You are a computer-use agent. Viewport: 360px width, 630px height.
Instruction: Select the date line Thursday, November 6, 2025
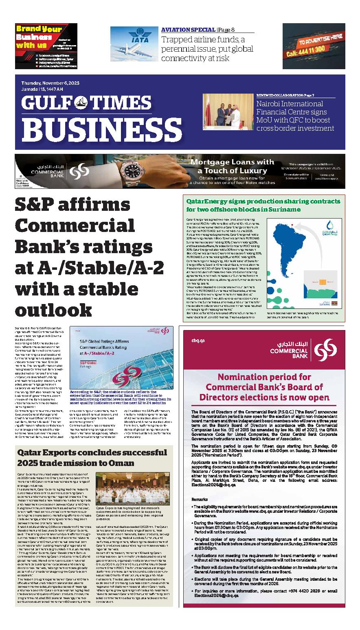click(50, 83)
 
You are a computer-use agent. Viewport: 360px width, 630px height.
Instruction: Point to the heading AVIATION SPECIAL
click(188, 30)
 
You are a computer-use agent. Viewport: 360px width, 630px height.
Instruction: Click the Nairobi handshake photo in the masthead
click(228, 111)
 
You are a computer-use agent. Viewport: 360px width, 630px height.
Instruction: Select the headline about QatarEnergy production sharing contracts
click(263, 205)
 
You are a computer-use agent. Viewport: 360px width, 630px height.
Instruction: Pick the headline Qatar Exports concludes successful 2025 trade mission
click(92, 458)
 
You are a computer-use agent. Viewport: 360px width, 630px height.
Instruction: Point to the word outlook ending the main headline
click(53, 312)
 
